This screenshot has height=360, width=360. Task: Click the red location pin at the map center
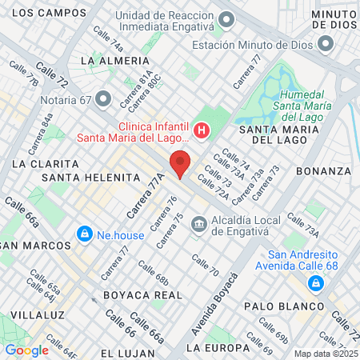[181, 163]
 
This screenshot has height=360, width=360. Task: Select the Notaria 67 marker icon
[102, 98]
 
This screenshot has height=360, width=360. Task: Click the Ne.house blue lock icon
[83, 234]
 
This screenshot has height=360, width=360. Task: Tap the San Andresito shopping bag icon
[318, 283]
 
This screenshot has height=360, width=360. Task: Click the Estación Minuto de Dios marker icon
[324, 44]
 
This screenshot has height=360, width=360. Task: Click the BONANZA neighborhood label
[323, 171]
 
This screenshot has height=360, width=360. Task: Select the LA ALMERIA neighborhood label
[115, 61]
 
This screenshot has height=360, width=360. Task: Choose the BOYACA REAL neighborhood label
[138, 294]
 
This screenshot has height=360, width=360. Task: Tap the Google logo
[27, 350]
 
